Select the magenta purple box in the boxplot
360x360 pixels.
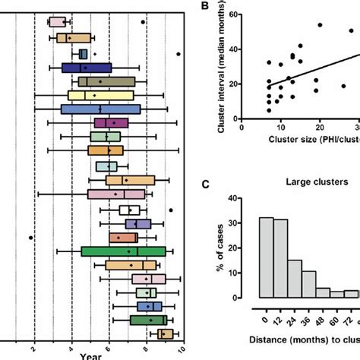click(x=110, y=123)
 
